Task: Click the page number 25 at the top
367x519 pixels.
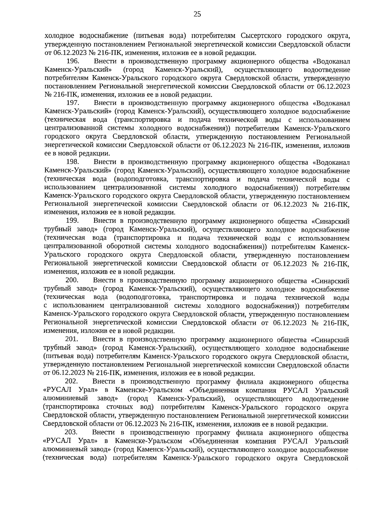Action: pyautogui.click(x=197, y=14)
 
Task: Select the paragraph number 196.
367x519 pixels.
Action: pyautogui.click(x=73, y=61)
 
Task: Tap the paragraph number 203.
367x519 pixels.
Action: pyautogui.click(x=72, y=432)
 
